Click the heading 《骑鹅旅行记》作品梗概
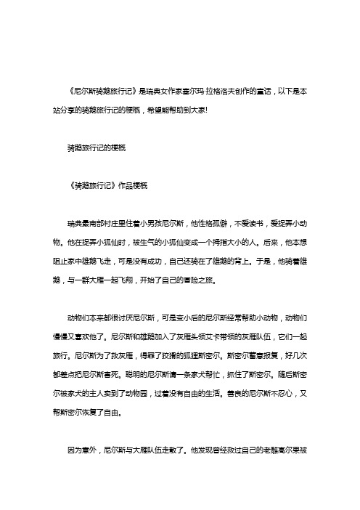107,185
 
